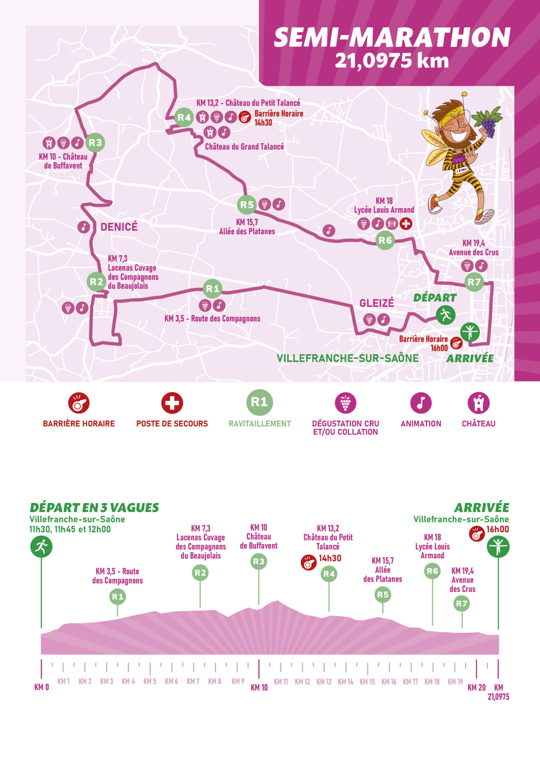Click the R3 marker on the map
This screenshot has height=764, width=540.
click(x=95, y=142)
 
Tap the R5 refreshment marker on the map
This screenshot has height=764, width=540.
click(x=247, y=205)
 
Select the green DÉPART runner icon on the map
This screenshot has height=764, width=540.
click(x=445, y=315)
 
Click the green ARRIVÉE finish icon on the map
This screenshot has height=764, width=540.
click(x=470, y=331)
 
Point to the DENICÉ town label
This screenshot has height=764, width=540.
click(x=119, y=227)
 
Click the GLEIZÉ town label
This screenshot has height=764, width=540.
click(x=376, y=303)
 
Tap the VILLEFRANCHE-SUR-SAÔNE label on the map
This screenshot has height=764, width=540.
click(x=347, y=358)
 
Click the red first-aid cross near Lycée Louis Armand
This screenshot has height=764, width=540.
click(x=405, y=224)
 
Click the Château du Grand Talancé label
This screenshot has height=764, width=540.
click(x=244, y=146)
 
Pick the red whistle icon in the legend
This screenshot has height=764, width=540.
click(x=79, y=403)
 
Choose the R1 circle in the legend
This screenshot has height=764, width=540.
click(x=259, y=402)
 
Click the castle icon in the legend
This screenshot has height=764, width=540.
click(x=478, y=403)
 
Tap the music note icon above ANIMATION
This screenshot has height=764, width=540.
click(x=421, y=403)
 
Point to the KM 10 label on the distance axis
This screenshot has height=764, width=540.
click(x=259, y=688)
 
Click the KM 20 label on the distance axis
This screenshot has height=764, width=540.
click(x=476, y=688)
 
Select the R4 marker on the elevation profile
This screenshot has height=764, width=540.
click(x=329, y=574)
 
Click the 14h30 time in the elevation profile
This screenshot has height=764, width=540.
click(x=330, y=558)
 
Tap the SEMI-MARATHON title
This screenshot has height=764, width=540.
click(x=392, y=38)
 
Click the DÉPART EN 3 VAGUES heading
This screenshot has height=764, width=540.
click(x=94, y=508)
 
